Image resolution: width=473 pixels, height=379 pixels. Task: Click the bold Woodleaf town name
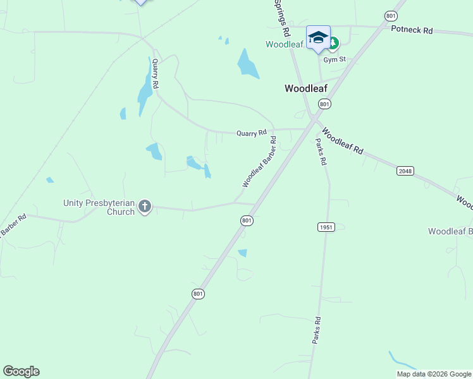305,88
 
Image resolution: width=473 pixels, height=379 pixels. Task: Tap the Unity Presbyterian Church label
99,207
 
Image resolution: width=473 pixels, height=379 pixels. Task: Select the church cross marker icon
145,206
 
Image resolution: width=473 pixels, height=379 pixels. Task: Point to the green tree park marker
333,44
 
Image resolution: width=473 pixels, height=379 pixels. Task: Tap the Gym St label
335,59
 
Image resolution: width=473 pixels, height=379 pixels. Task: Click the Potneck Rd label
412,30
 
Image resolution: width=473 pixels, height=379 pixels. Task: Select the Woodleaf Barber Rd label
259,162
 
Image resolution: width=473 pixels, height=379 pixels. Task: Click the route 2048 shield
405,171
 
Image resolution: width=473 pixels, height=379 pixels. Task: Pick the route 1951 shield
326,226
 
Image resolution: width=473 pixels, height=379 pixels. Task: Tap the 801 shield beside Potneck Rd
390,15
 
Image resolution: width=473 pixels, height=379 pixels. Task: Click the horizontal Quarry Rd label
251,133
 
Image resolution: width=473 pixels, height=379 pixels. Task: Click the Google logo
21,371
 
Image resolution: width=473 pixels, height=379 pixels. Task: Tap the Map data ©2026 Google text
434,374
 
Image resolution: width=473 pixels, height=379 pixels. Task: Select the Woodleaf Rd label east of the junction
342,142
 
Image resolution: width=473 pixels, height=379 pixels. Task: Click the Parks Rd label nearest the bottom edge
317,330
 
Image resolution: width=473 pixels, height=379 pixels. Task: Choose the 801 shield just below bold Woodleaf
324,104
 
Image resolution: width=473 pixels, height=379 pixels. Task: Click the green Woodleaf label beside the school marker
285,44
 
